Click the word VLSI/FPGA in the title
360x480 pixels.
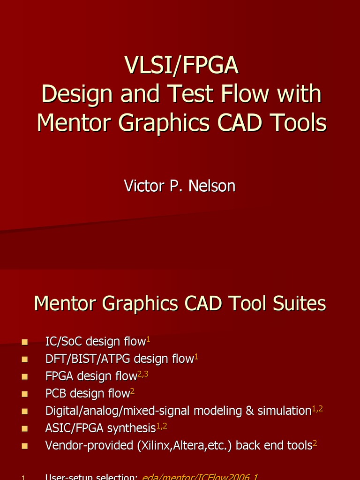tap(181, 66)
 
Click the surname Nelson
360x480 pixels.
tap(211, 186)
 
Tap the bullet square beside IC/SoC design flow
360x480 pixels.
tap(25, 342)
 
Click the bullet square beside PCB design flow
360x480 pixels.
tap(25, 394)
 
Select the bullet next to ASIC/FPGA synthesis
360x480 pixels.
tap(25, 428)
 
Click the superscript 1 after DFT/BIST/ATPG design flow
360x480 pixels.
tap(196, 357)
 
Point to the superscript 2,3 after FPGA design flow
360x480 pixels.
tap(142, 374)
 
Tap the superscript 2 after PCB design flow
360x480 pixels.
tap(132, 391)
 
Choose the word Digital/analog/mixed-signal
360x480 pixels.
tap(118, 411)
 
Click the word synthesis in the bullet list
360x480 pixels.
tap(132, 428)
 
